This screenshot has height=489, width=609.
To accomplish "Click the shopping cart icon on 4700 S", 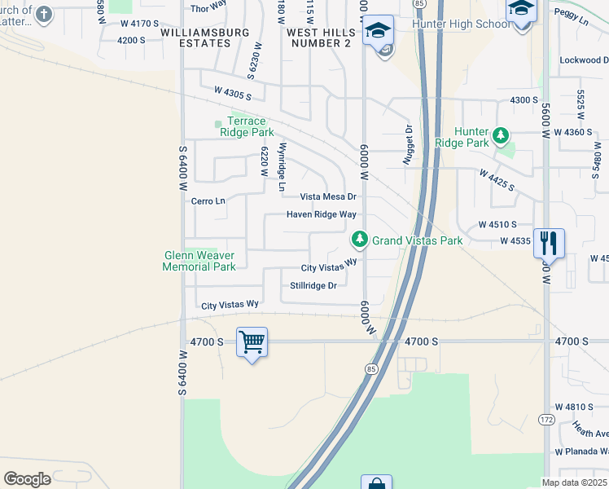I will (252, 341).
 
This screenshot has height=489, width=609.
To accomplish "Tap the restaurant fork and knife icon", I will (549, 243).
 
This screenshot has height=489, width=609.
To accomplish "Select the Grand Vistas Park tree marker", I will (358, 240).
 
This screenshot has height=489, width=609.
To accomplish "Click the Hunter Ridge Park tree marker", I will (502, 134).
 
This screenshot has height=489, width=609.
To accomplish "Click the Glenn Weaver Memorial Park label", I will (199, 261).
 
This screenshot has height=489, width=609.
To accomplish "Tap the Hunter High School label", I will (461, 24).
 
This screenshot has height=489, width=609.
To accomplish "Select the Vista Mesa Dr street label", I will (328, 196).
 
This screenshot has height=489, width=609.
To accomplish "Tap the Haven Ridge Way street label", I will (321, 214).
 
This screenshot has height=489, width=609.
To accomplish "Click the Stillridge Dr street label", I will (313, 285).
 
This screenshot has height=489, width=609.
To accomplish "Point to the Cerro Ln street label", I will (208, 200).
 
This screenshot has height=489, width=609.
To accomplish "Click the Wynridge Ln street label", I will (282, 168).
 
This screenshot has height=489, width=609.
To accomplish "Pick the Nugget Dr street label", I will (409, 145).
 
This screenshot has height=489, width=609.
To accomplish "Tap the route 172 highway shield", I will (547, 419).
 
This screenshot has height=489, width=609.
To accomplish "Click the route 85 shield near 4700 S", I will (372, 369).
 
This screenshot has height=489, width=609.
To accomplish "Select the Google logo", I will (27, 479).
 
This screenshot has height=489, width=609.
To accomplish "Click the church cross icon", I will (44, 14).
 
